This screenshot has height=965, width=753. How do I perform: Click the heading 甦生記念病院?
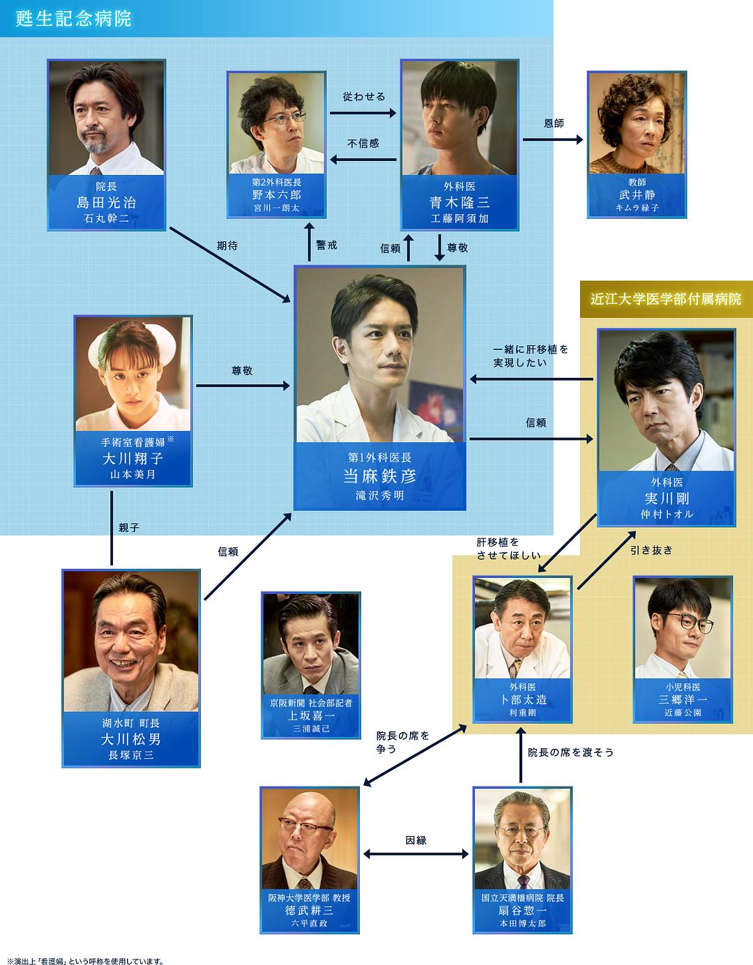(x=73, y=18)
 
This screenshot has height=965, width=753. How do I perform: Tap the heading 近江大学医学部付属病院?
(x=666, y=299)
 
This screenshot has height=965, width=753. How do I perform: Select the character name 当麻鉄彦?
(x=379, y=476)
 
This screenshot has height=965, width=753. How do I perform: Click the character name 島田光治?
(x=106, y=203)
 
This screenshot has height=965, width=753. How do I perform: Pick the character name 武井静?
(x=637, y=195)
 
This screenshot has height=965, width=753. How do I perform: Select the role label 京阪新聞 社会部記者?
(x=311, y=703)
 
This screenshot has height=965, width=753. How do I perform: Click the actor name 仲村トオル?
(x=667, y=514)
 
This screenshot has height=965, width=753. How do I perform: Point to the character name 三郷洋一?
(x=683, y=699)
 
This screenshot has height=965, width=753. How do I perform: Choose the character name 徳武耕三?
(x=309, y=911)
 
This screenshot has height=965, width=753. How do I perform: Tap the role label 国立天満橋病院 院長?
(x=522, y=898)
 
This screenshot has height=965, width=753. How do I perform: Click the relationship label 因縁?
(x=416, y=840)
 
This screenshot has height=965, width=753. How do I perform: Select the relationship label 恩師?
(x=554, y=123)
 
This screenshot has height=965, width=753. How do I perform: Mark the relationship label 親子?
(x=129, y=528)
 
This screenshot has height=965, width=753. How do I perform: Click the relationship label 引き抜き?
(x=652, y=549)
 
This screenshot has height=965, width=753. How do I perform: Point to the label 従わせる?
(x=364, y=96)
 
